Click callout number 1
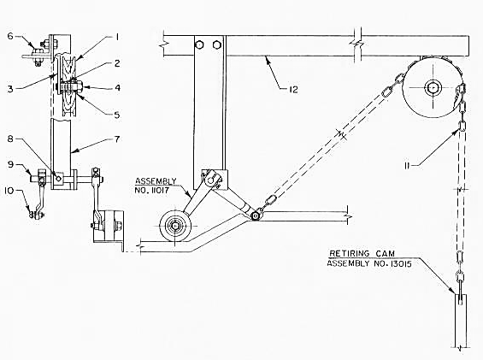coord(117,38)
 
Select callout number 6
coord(10,36)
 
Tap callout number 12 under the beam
coord(293,90)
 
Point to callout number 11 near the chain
coord(407,166)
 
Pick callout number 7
coord(117,139)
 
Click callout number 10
coord(9,191)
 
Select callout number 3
coord(10,89)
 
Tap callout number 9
coord(11,164)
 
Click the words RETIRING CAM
coord(362,254)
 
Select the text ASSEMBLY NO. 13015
coord(369,263)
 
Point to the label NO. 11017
coord(152,190)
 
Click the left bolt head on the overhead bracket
coord(199,45)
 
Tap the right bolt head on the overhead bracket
coord(217,45)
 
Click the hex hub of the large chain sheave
coord(433,88)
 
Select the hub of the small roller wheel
coord(175,227)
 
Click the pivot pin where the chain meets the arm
coord(255,216)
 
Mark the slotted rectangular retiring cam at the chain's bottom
coord(461,322)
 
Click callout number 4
coord(117,88)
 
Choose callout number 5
coord(117,115)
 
